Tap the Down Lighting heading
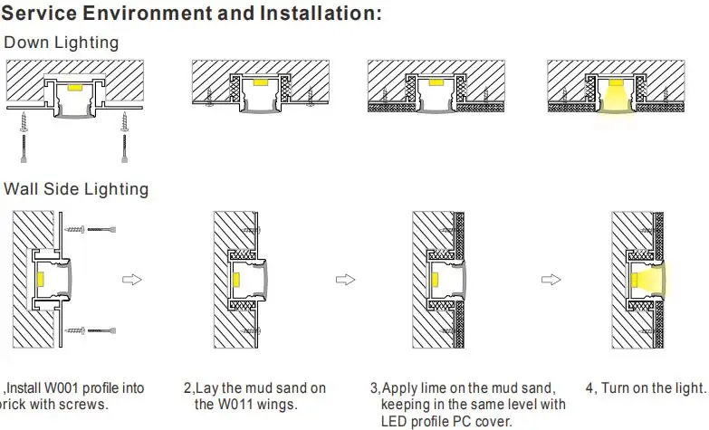point(62,43)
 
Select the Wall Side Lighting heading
point(77,189)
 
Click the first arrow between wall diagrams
point(132,279)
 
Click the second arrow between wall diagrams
point(345,279)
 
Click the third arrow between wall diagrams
point(551,279)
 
